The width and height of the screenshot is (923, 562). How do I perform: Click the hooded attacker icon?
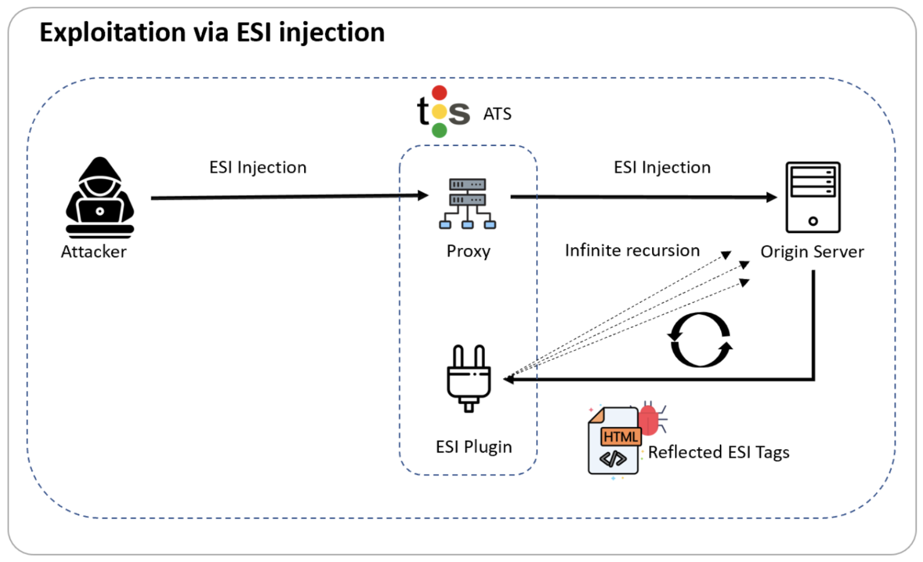click(x=100, y=198)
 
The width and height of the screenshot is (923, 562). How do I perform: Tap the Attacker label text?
click(x=94, y=252)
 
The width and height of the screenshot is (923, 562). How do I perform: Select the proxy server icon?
click(x=468, y=204)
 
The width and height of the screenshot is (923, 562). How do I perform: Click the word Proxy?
click(x=468, y=251)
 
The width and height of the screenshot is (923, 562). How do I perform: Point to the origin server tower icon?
click(x=812, y=197)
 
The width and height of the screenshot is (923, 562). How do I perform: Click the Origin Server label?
click(x=812, y=252)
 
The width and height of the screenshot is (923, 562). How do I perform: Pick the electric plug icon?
click(x=469, y=378)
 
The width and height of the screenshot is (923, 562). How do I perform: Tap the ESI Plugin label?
click(x=474, y=447)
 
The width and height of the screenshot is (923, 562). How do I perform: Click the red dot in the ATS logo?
click(x=440, y=93)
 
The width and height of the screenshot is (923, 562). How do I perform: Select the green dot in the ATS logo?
click(x=440, y=130)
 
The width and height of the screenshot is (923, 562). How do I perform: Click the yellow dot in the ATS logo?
click(x=440, y=112)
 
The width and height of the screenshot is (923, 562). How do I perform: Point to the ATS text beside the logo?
click(x=498, y=114)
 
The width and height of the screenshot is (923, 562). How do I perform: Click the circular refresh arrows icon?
click(x=701, y=339)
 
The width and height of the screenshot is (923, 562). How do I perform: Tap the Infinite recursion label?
click(x=632, y=250)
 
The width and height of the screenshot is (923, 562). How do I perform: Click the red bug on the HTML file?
click(x=649, y=419)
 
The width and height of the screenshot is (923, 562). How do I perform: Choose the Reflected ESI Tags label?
click(x=718, y=452)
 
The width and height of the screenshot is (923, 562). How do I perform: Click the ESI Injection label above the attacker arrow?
click(x=258, y=168)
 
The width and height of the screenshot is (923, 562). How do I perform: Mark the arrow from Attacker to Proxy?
click(x=288, y=196)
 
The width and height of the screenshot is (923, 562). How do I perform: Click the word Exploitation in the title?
click(x=112, y=32)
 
